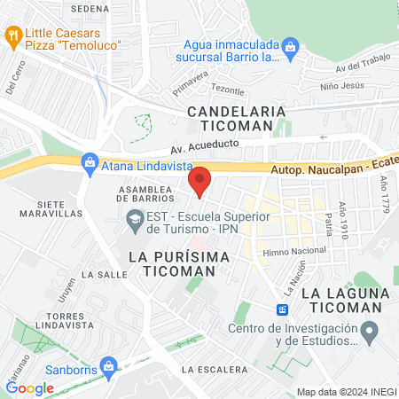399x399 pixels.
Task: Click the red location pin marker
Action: click(199, 181)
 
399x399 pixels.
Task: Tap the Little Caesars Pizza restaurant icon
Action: click(13, 35)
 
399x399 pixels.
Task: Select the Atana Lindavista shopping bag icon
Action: click(89, 161)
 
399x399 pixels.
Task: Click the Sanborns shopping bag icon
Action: click(109, 365)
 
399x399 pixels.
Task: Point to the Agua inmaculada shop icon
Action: click(289, 45)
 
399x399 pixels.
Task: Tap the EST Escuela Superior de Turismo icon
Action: click(135, 219)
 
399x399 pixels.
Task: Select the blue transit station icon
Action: click(282, 309)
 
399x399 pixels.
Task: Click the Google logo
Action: click(29, 387)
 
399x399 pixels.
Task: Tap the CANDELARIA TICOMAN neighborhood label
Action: click(237, 120)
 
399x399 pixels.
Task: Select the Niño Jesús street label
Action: click(341, 86)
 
